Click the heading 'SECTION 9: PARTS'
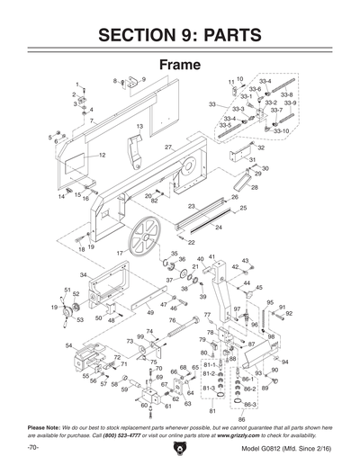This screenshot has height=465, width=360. (180, 35)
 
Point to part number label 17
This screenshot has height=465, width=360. (119, 254)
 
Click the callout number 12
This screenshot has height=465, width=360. (102, 156)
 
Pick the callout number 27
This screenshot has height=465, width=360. (168, 146)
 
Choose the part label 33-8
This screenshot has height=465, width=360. (286, 94)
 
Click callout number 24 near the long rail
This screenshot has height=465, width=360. (217, 228)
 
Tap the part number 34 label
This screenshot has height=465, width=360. (83, 274)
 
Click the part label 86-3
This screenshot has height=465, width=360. (249, 405)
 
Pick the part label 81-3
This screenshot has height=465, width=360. (209, 388)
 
